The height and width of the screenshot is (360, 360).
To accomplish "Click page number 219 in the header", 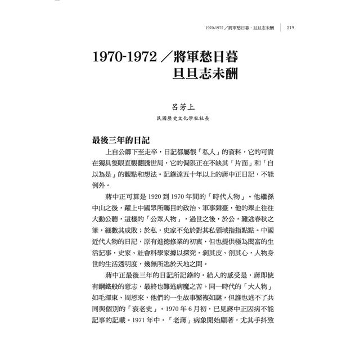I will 291,27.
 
